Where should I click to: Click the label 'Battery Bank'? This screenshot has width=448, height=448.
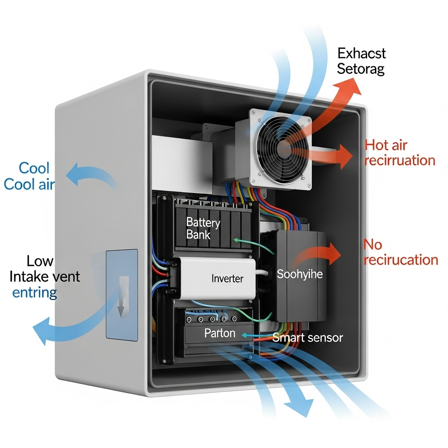(x=203, y=228)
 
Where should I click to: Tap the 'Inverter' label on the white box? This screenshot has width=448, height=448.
(x=227, y=278)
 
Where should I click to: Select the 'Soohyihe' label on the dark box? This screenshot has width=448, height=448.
(x=300, y=274)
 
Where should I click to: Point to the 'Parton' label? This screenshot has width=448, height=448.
(x=220, y=333)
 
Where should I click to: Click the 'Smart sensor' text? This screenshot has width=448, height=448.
(x=308, y=337)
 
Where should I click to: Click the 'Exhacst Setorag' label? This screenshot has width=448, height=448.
(x=361, y=61)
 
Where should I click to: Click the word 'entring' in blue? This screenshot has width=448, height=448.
(x=35, y=293)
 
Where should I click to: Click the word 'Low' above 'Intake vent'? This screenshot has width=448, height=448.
(x=40, y=261)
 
